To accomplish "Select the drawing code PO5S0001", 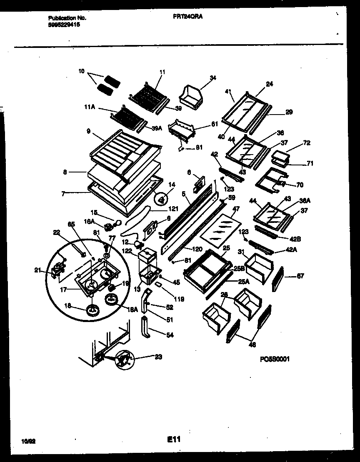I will pos(274,359).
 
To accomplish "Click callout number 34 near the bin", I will pos(202,77).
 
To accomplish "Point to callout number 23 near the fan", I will pos(158,357).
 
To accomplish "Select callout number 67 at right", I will pos(300,275).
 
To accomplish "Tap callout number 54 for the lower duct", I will pos(169,335).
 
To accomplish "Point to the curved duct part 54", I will pos(147,327).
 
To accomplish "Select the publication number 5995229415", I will pos(64,25).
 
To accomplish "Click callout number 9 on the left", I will pos(88,130).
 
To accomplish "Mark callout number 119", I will pos(180,299).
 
